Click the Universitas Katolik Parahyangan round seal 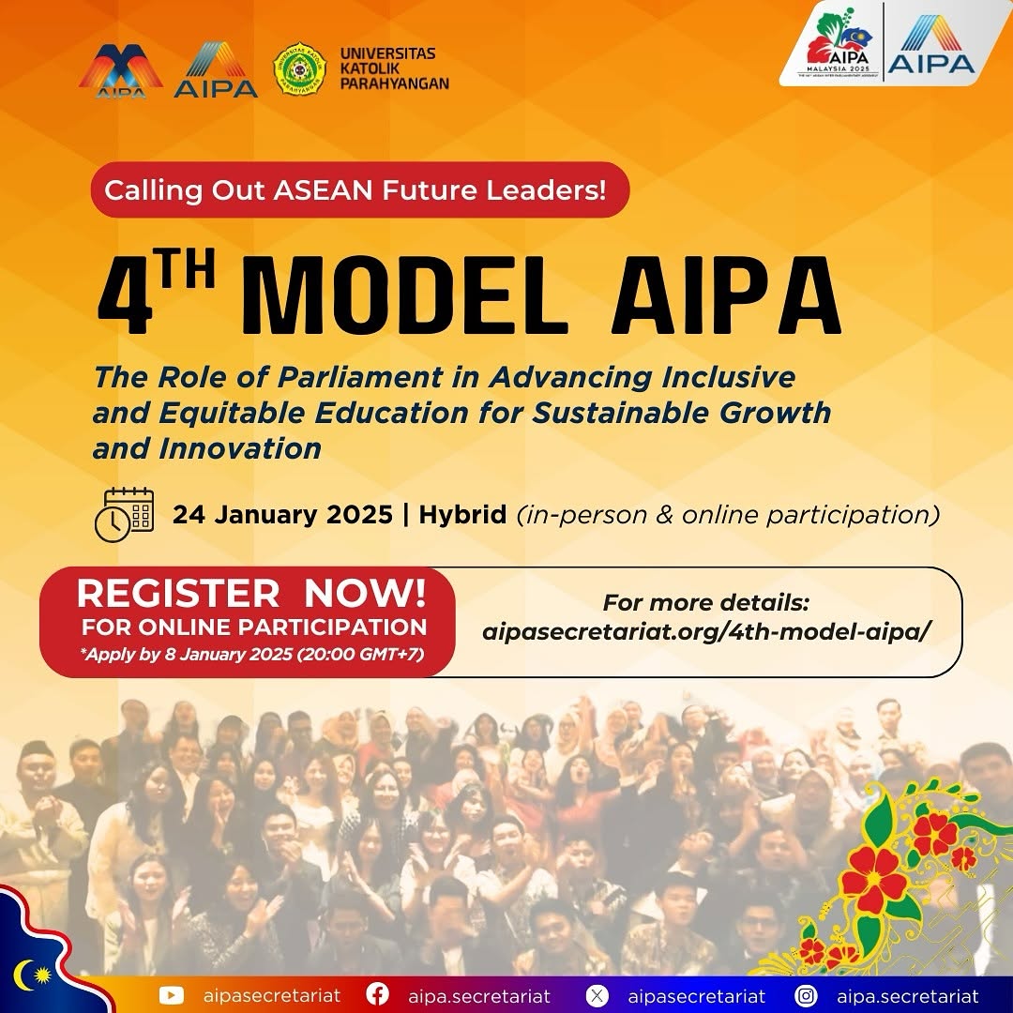[299, 69]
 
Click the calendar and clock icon [124, 514]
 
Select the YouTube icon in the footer [171, 995]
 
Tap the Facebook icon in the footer [377, 995]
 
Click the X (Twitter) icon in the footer [597, 995]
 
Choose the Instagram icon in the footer [806, 995]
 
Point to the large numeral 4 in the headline [125, 295]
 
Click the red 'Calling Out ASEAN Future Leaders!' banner [360, 189]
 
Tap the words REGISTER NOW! [251, 593]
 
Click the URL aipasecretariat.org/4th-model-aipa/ [706, 632]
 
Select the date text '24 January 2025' [282, 515]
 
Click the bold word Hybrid [462, 515]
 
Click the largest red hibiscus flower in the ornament [873, 880]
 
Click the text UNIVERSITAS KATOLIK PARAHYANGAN [394, 68]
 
